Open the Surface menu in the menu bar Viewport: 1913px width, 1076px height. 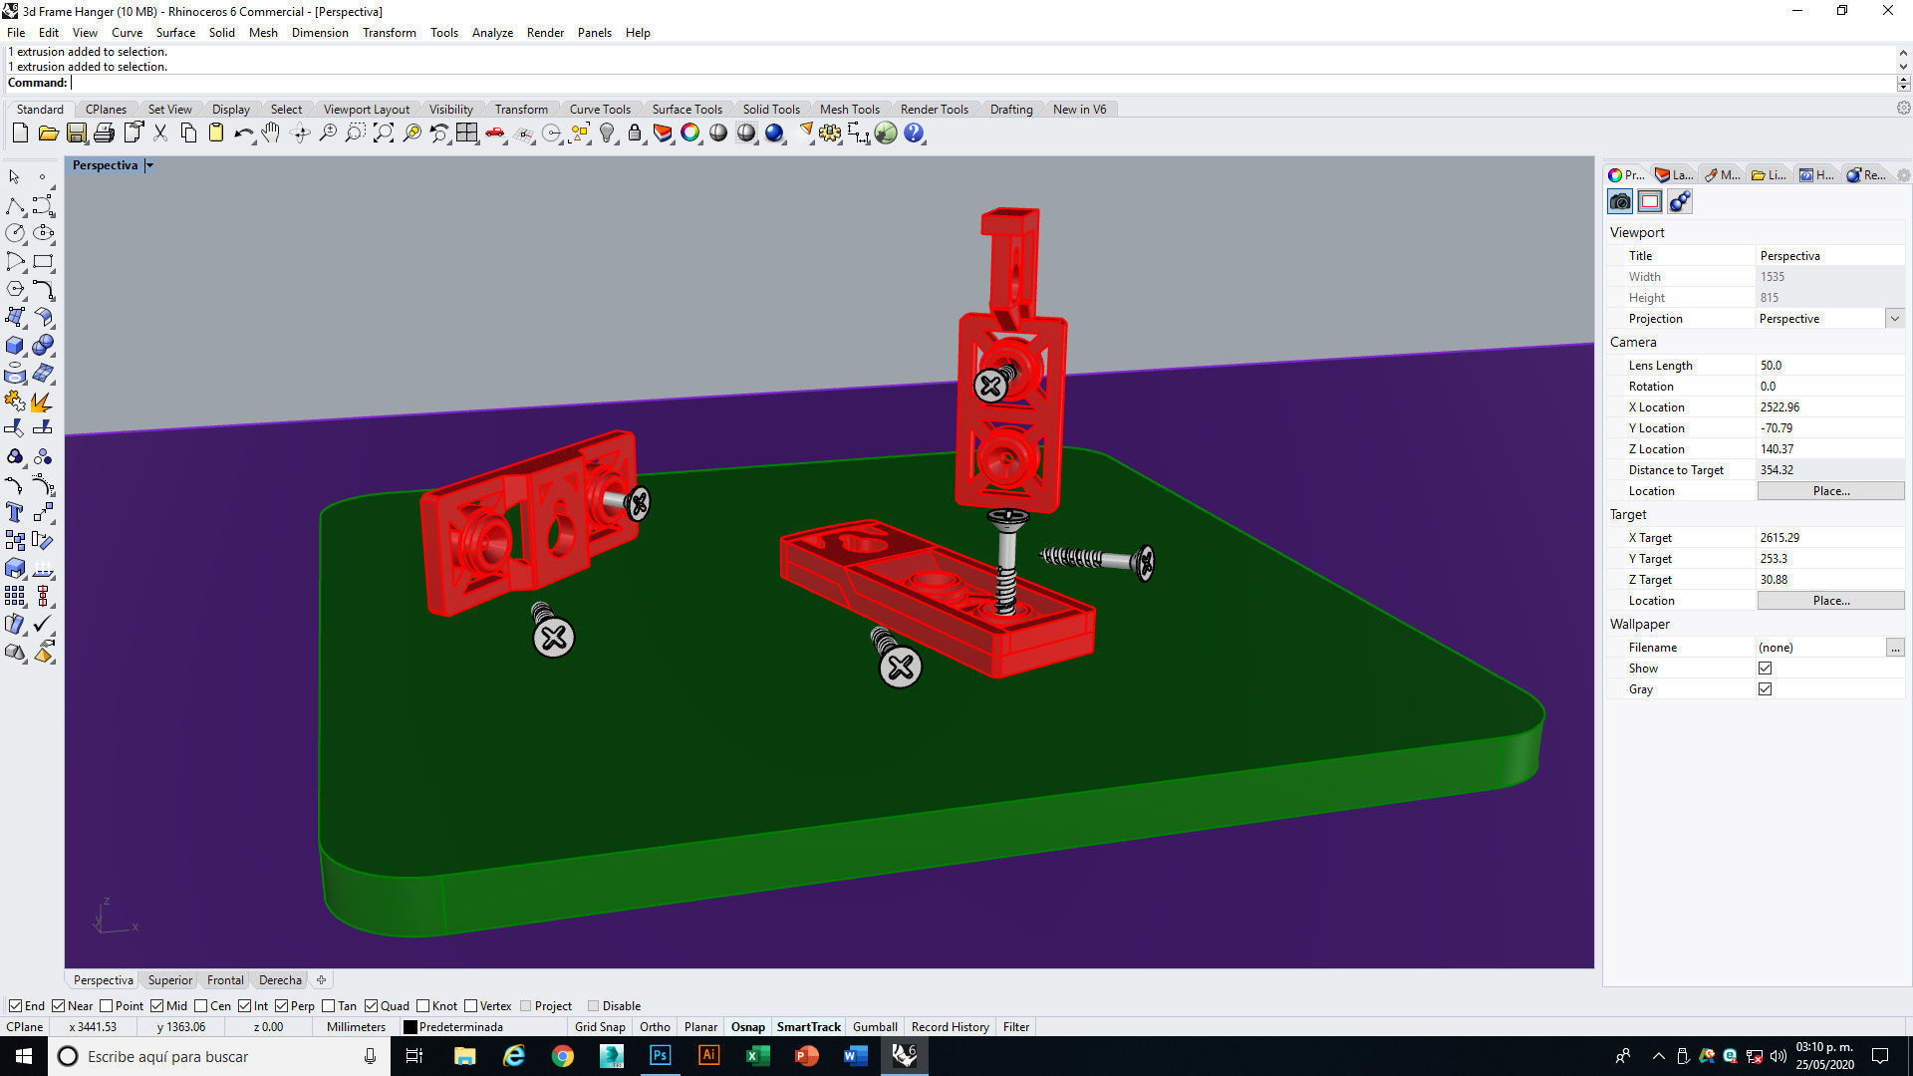pos(175,32)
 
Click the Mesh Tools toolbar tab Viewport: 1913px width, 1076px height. pos(849,109)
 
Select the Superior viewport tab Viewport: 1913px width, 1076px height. pos(169,979)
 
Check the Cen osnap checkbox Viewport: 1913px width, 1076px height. pos(201,1005)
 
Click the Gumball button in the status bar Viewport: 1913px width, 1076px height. pos(875,1026)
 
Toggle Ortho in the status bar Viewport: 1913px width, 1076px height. pos(655,1026)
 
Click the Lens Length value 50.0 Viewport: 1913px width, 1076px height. pos(1771,365)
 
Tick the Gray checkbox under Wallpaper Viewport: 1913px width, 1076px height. pos(1765,688)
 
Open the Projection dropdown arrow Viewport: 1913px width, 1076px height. pos(1894,318)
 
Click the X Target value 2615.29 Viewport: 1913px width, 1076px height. pos(1779,537)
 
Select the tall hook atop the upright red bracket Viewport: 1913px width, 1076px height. pos(1013,259)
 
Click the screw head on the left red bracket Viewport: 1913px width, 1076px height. pos(638,503)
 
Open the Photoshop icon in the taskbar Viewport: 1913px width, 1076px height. pos(660,1055)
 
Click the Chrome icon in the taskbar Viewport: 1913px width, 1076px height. pos(563,1055)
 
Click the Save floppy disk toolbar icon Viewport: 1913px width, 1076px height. pos(76,133)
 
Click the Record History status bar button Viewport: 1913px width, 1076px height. pos(950,1026)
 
